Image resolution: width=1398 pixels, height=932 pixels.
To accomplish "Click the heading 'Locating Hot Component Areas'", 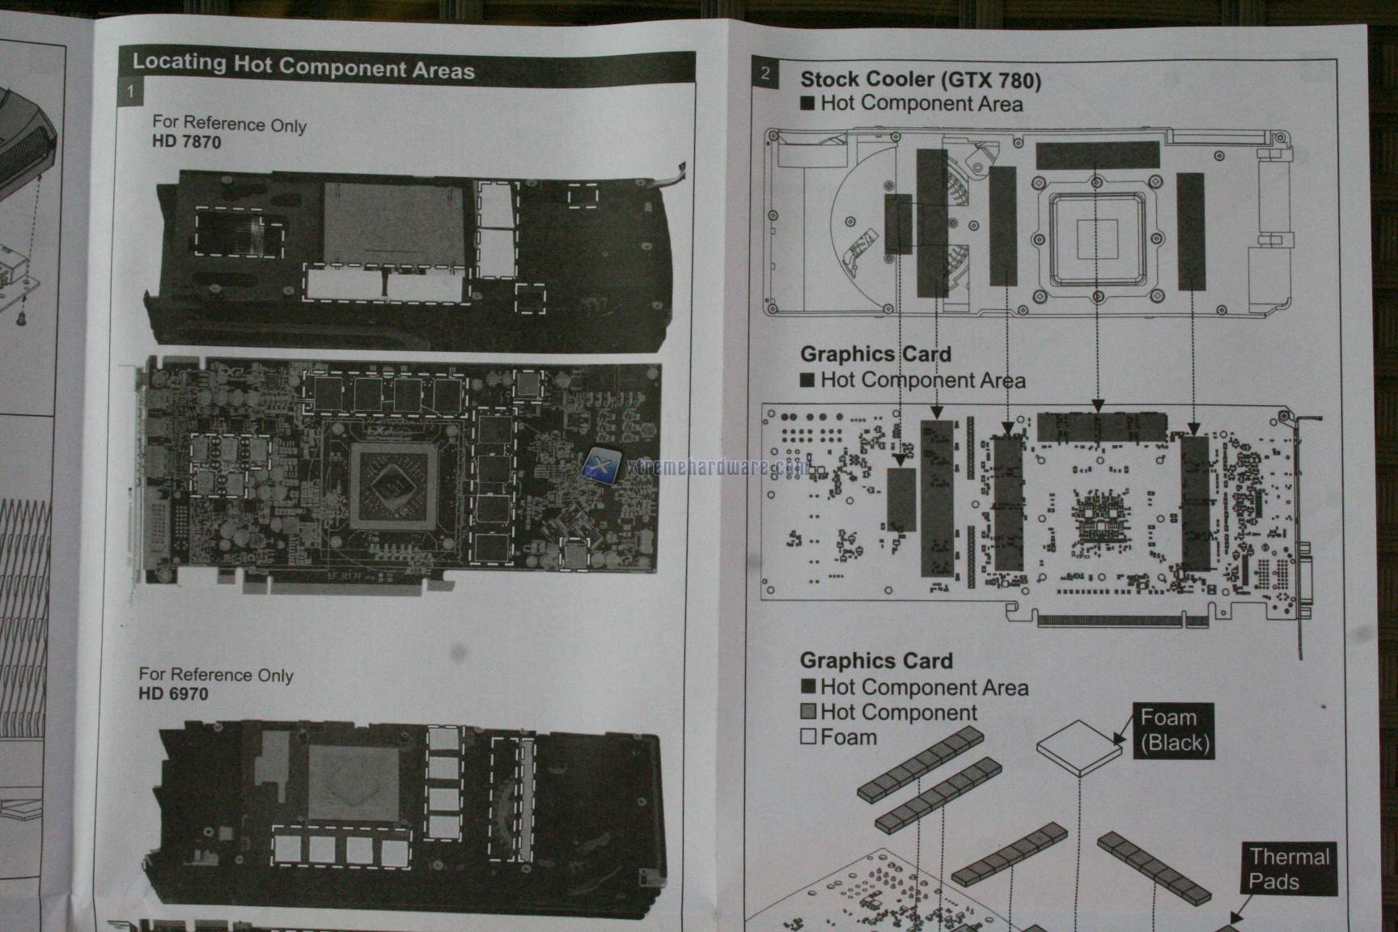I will (303, 66).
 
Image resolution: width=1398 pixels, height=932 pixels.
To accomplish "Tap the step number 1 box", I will (130, 91).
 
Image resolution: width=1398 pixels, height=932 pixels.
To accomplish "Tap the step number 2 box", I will (765, 73).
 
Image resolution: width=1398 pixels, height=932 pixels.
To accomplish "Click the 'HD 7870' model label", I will (186, 142).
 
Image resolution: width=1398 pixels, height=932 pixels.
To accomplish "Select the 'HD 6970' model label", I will (173, 693).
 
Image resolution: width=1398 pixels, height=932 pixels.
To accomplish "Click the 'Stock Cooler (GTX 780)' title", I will (921, 79).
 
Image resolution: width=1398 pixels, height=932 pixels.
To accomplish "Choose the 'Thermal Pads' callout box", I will (1288, 869).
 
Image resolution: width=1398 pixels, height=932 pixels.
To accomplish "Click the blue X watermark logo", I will (601, 467).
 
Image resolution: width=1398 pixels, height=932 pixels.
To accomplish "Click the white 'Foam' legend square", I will (807, 737).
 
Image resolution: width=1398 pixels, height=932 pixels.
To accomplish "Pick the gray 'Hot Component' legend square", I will (807, 712).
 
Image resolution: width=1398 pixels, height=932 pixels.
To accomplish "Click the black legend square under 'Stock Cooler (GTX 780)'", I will (807, 104).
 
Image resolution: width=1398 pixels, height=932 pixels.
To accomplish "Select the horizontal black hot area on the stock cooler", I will (1097, 155).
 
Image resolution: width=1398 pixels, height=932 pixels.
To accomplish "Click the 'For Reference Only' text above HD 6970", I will (216, 674).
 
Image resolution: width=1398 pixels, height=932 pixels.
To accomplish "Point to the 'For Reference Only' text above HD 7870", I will (229, 124).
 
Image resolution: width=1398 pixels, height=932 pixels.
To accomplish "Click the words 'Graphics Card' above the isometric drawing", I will (876, 661).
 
